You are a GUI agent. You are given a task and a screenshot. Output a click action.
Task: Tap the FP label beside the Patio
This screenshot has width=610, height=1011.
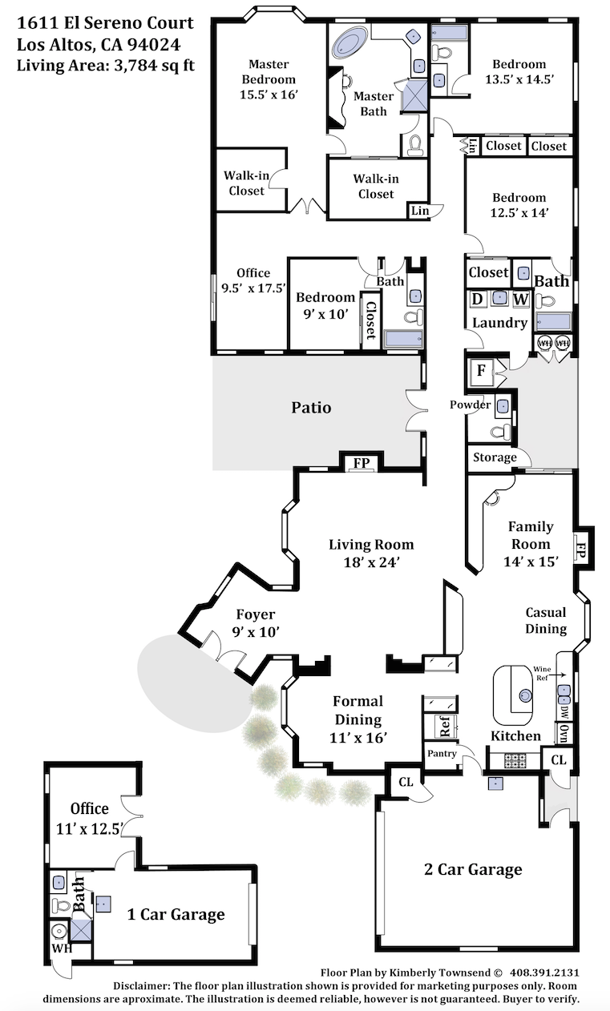(x=362, y=462)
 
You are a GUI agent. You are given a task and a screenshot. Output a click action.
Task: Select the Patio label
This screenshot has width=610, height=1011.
(x=311, y=408)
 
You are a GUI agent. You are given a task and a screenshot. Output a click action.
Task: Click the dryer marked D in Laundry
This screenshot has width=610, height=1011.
(x=477, y=299)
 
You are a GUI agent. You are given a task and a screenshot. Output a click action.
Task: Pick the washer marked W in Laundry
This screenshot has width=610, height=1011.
(x=520, y=299)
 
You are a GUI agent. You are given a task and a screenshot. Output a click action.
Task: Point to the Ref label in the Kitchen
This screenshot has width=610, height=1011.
(x=445, y=726)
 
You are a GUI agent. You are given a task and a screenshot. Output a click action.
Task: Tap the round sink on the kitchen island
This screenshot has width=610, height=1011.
(x=525, y=695)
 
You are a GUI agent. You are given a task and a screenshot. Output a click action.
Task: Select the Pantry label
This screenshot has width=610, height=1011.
(x=442, y=753)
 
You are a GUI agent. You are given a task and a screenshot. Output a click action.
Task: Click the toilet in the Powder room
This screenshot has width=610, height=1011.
(x=499, y=432)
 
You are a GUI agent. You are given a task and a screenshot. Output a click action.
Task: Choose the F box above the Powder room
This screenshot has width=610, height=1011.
(x=481, y=371)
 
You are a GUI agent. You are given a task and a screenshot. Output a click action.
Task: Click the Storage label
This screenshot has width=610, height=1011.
(x=495, y=457)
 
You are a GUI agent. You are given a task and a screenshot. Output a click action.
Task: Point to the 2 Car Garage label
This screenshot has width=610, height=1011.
(x=473, y=869)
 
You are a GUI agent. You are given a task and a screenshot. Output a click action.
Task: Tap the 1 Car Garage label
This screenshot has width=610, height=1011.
(x=176, y=914)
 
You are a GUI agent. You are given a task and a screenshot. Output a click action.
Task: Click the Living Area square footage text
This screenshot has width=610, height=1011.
(x=106, y=66)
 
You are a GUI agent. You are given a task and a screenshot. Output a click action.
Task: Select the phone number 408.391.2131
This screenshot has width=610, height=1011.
(x=544, y=973)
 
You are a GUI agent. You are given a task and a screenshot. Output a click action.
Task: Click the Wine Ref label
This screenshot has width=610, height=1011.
(x=542, y=673)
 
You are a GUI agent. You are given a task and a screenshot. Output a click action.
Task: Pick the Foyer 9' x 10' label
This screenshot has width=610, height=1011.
(x=256, y=622)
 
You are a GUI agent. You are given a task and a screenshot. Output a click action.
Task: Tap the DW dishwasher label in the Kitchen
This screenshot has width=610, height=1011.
(x=564, y=713)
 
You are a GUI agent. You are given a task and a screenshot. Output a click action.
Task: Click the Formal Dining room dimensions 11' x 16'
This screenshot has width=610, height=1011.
(x=358, y=738)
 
